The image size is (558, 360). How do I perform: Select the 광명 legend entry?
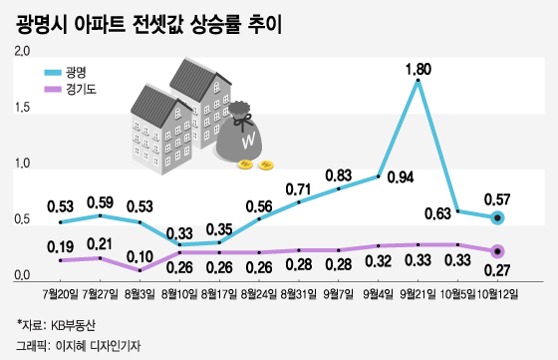(76, 73)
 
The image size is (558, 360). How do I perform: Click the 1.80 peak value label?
(418, 69)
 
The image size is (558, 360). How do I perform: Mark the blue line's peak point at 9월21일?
(418, 81)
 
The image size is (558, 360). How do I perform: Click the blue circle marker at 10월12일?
(497, 218)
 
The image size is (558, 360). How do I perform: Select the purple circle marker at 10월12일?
(497, 251)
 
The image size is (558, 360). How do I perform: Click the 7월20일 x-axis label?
(61, 294)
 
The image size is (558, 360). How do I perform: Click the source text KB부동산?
(71, 326)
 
